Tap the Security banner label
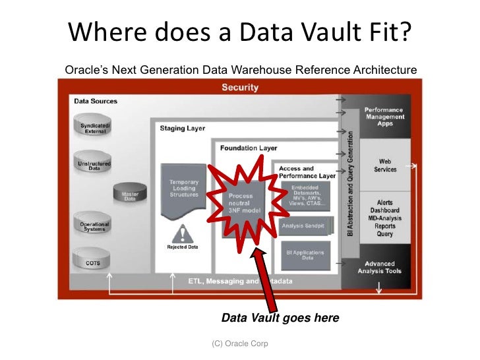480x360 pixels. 239,87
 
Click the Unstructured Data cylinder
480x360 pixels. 94,165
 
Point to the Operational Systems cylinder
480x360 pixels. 94,226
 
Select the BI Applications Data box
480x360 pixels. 307,255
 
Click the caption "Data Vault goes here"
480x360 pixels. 280,318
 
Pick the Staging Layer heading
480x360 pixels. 182,129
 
